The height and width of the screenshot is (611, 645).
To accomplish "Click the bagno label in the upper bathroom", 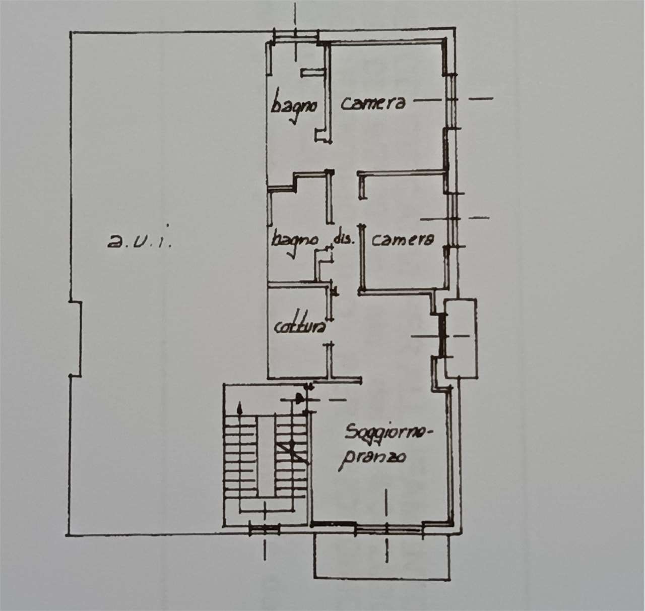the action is click(x=293, y=105).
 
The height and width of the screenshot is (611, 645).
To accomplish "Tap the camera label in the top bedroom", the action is click(x=373, y=103).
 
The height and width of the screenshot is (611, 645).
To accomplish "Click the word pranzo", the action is click(x=373, y=459).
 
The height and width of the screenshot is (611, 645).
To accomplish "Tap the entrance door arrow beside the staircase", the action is click(x=299, y=399).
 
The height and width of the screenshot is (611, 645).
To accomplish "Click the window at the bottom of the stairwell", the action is click(x=265, y=529).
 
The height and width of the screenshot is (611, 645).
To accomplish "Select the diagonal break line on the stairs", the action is click(x=292, y=452).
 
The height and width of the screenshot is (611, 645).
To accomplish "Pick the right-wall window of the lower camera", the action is click(x=453, y=219).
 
